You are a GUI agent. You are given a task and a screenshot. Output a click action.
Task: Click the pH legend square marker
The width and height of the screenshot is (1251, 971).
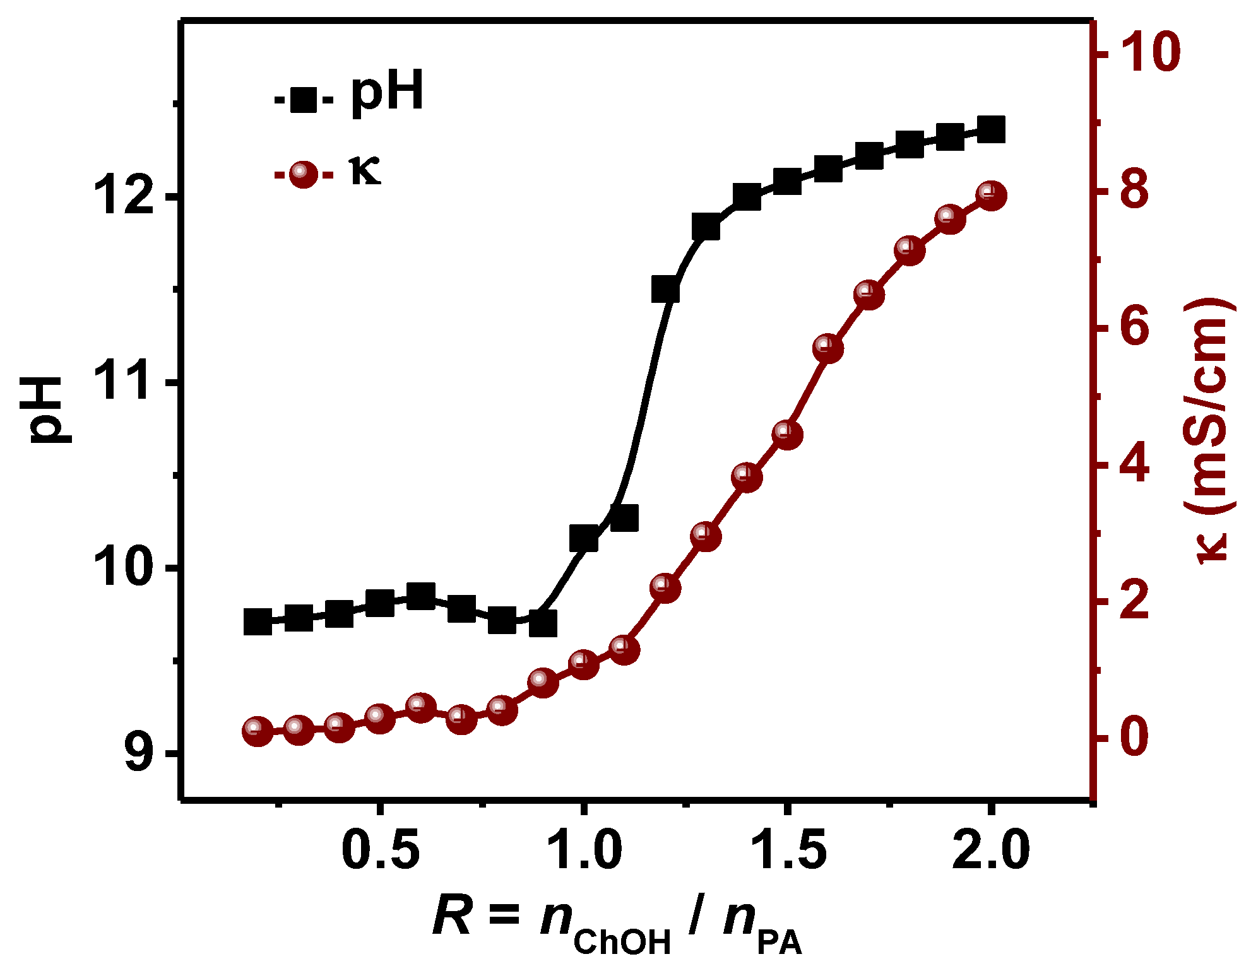coord(304,99)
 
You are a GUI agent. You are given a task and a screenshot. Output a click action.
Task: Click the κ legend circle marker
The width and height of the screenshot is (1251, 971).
coord(304,175)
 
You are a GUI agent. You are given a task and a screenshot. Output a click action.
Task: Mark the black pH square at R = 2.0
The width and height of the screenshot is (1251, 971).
coord(991,130)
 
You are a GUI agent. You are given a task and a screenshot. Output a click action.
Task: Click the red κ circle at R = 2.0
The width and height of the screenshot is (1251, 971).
coord(991,196)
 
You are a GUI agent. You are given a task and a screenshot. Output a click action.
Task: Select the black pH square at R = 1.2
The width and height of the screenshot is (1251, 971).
coord(665,290)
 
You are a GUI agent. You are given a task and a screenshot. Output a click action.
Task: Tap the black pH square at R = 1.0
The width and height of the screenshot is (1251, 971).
coord(584,538)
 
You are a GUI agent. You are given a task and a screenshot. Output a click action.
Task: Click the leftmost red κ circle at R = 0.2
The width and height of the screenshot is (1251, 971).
coord(258,731)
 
